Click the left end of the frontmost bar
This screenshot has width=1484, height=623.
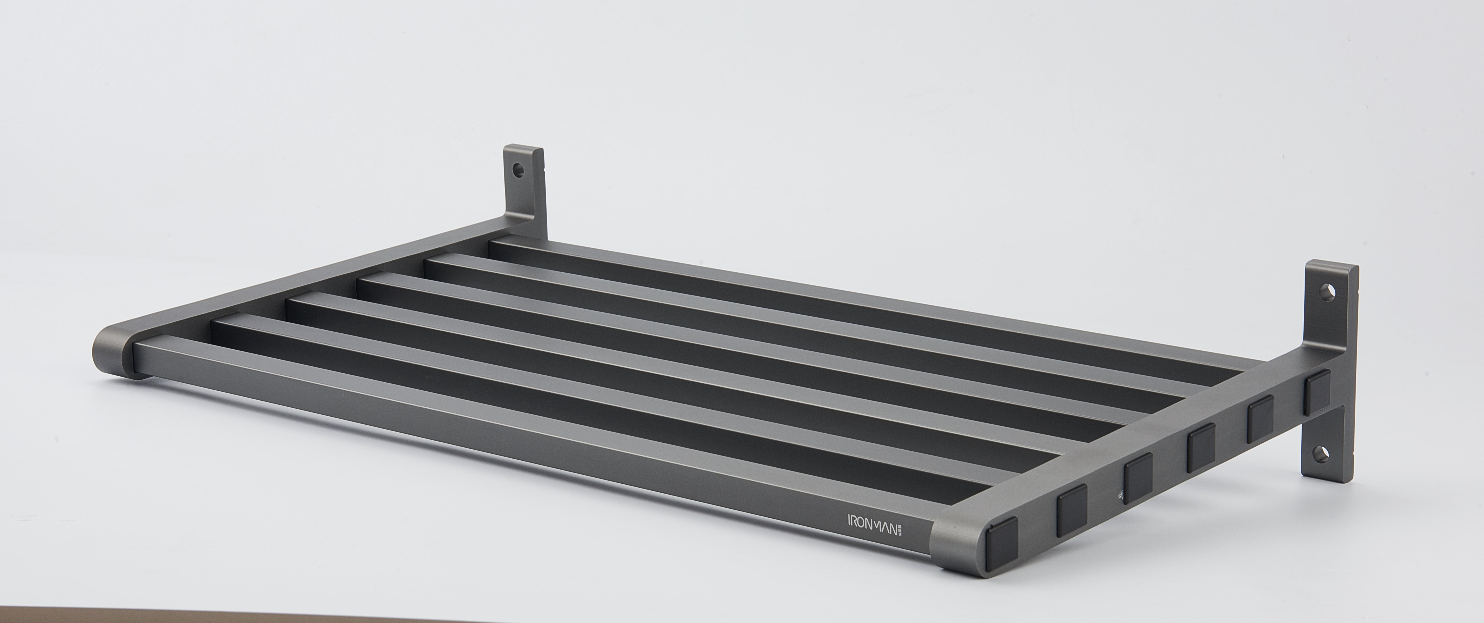[x=144, y=357]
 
